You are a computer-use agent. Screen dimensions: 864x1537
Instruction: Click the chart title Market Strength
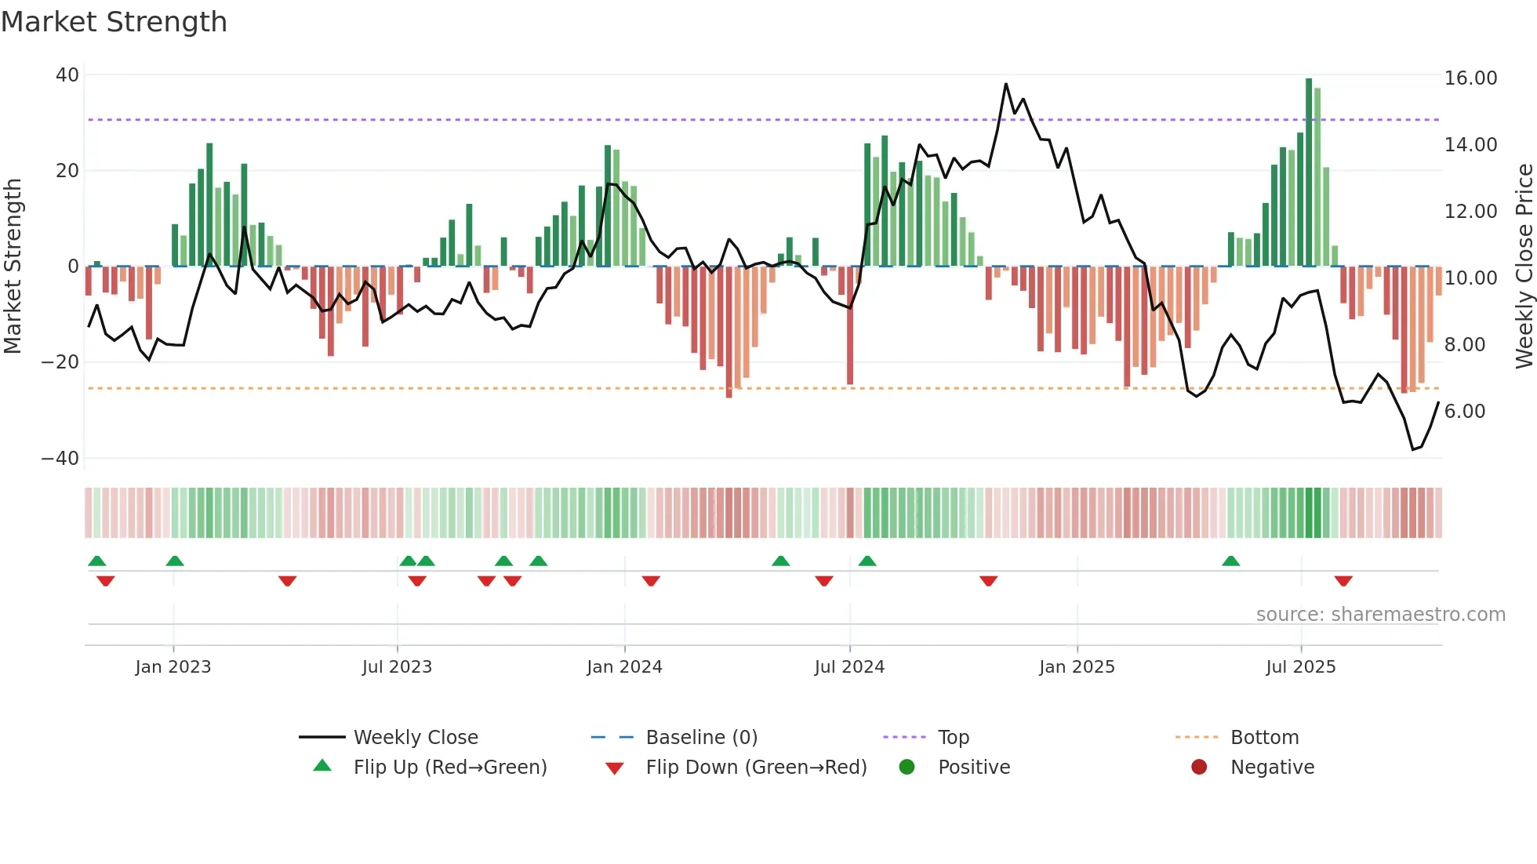(114, 22)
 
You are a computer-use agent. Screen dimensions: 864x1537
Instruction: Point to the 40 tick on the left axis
(67, 75)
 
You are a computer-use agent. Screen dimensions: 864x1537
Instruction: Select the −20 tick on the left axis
(60, 362)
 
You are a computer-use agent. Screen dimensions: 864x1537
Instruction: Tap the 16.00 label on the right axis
(1470, 78)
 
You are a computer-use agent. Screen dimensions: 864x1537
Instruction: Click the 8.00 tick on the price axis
(1464, 345)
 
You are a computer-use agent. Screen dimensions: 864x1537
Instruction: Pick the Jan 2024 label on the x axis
(624, 667)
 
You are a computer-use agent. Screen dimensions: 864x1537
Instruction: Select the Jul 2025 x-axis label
(1300, 667)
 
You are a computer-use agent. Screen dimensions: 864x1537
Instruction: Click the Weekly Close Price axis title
(1524, 267)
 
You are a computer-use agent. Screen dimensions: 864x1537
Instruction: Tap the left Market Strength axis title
(13, 267)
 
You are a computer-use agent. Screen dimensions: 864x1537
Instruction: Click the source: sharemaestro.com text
(1380, 615)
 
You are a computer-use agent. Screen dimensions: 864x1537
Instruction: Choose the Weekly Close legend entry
(415, 738)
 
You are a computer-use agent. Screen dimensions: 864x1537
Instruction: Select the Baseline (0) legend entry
(701, 738)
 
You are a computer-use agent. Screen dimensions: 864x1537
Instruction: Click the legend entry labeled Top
(953, 738)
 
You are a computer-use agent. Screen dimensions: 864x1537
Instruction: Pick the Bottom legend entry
(1264, 738)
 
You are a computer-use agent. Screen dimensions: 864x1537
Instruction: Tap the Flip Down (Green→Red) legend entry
(755, 768)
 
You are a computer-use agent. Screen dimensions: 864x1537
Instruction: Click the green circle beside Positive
(907, 768)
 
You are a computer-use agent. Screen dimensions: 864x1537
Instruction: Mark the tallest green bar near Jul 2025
(1309, 172)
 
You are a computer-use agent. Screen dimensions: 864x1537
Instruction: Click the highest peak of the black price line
(1006, 84)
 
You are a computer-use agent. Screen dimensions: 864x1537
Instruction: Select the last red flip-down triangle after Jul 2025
(1343, 581)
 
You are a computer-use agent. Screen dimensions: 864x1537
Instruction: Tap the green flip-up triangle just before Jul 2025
(1231, 561)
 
